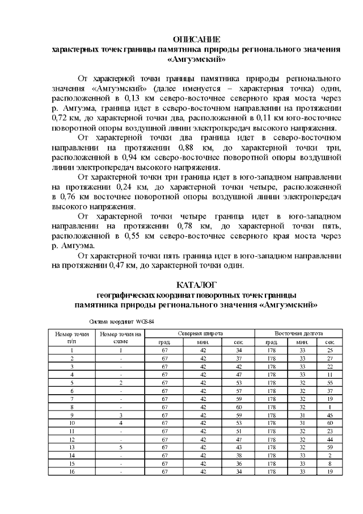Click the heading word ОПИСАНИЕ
(196, 39)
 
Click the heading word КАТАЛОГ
(196, 284)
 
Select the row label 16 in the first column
(72, 470)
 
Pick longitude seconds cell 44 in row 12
(330, 438)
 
